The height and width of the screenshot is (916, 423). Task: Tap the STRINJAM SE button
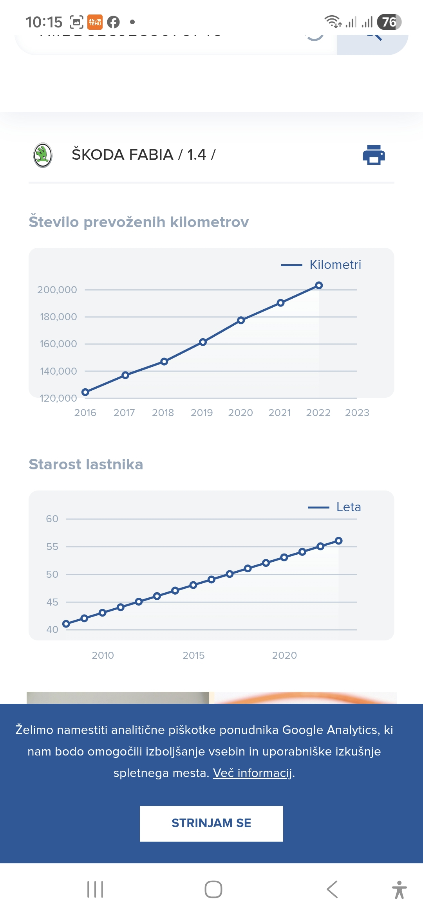pos(211,823)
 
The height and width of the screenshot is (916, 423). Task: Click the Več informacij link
pos(253,773)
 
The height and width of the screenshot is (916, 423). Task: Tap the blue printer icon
pos(374,155)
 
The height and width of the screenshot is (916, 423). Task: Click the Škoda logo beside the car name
pos(43,155)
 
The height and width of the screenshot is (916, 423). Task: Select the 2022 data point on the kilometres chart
pos(319,285)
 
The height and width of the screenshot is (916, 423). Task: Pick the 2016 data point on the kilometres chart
pos(85,392)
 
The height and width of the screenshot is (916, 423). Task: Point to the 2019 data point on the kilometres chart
pos(202,342)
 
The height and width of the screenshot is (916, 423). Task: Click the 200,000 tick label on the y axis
pos(57,290)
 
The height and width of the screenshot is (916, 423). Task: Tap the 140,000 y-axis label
pos(58,371)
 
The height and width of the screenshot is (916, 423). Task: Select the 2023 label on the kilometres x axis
pos(357,413)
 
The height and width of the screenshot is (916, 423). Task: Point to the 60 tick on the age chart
pos(52,519)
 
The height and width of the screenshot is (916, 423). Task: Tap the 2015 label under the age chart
pos(193,655)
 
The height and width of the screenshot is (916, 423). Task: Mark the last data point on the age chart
pos(339,541)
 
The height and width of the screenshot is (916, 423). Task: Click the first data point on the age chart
pos(66,624)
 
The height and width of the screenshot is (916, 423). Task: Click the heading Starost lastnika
pos(86,464)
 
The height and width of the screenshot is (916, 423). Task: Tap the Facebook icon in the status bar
pos(113,22)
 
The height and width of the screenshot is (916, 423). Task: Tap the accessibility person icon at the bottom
pos(399,889)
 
